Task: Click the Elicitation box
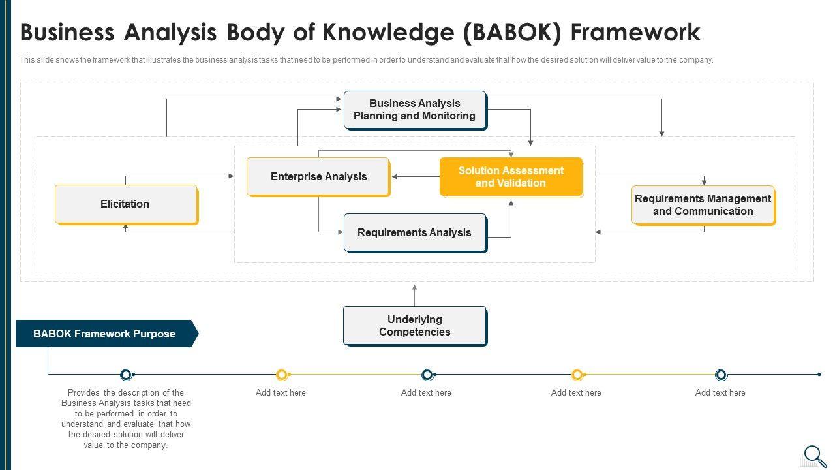pos(125,204)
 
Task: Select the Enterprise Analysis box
pos(318,177)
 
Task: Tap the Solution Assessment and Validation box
pos(511,177)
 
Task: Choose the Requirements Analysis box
pos(414,233)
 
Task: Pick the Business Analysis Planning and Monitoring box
pos(414,110)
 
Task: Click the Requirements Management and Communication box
pos(703,205)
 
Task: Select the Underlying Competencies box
pos(414,326)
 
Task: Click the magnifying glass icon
pos(815,456)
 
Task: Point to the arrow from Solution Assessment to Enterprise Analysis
pos(416,176)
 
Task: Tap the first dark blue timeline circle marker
pos(126,375)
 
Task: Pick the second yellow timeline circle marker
pos(577,375)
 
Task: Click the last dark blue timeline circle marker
pos(721,375)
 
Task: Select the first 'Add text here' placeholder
pos(281,393)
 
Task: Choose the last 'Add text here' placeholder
pos(720,393)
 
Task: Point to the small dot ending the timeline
pos(819,375)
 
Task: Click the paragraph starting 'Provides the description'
pos(126,419)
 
